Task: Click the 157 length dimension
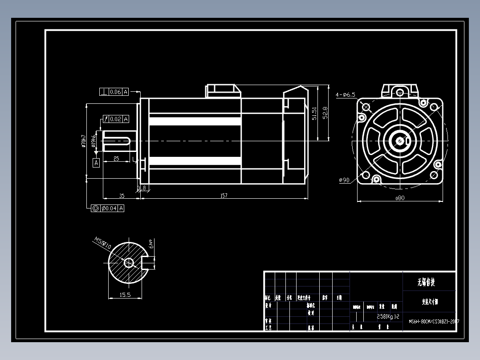pos(224,195)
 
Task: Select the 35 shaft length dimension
pos(121,195)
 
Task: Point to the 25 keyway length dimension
pos(116,158)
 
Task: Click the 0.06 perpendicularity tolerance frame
pos(114,92)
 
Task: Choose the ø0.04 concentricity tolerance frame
pos(107,208)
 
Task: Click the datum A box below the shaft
pos(96,163)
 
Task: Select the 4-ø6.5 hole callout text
pos(346,94)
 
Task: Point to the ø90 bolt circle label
pos(344,180)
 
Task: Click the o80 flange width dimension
pos(399,198)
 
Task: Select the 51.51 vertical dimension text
pos(314,113)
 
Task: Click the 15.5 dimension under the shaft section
pos(125,295)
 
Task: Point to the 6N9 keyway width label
pos(151,244)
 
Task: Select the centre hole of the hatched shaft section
pos(129,263)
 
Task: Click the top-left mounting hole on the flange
pos(366,107)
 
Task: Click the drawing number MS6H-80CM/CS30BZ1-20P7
pos(433,321)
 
